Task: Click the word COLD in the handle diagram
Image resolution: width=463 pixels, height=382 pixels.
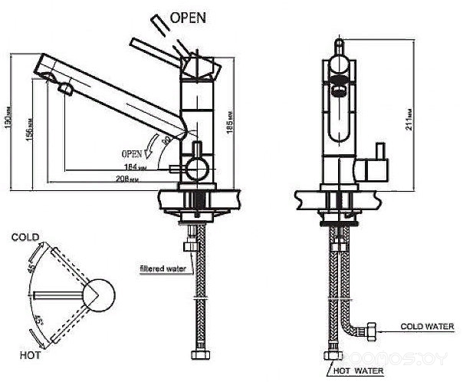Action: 25,238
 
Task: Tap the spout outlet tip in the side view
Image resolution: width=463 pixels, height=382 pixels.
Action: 64,90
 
